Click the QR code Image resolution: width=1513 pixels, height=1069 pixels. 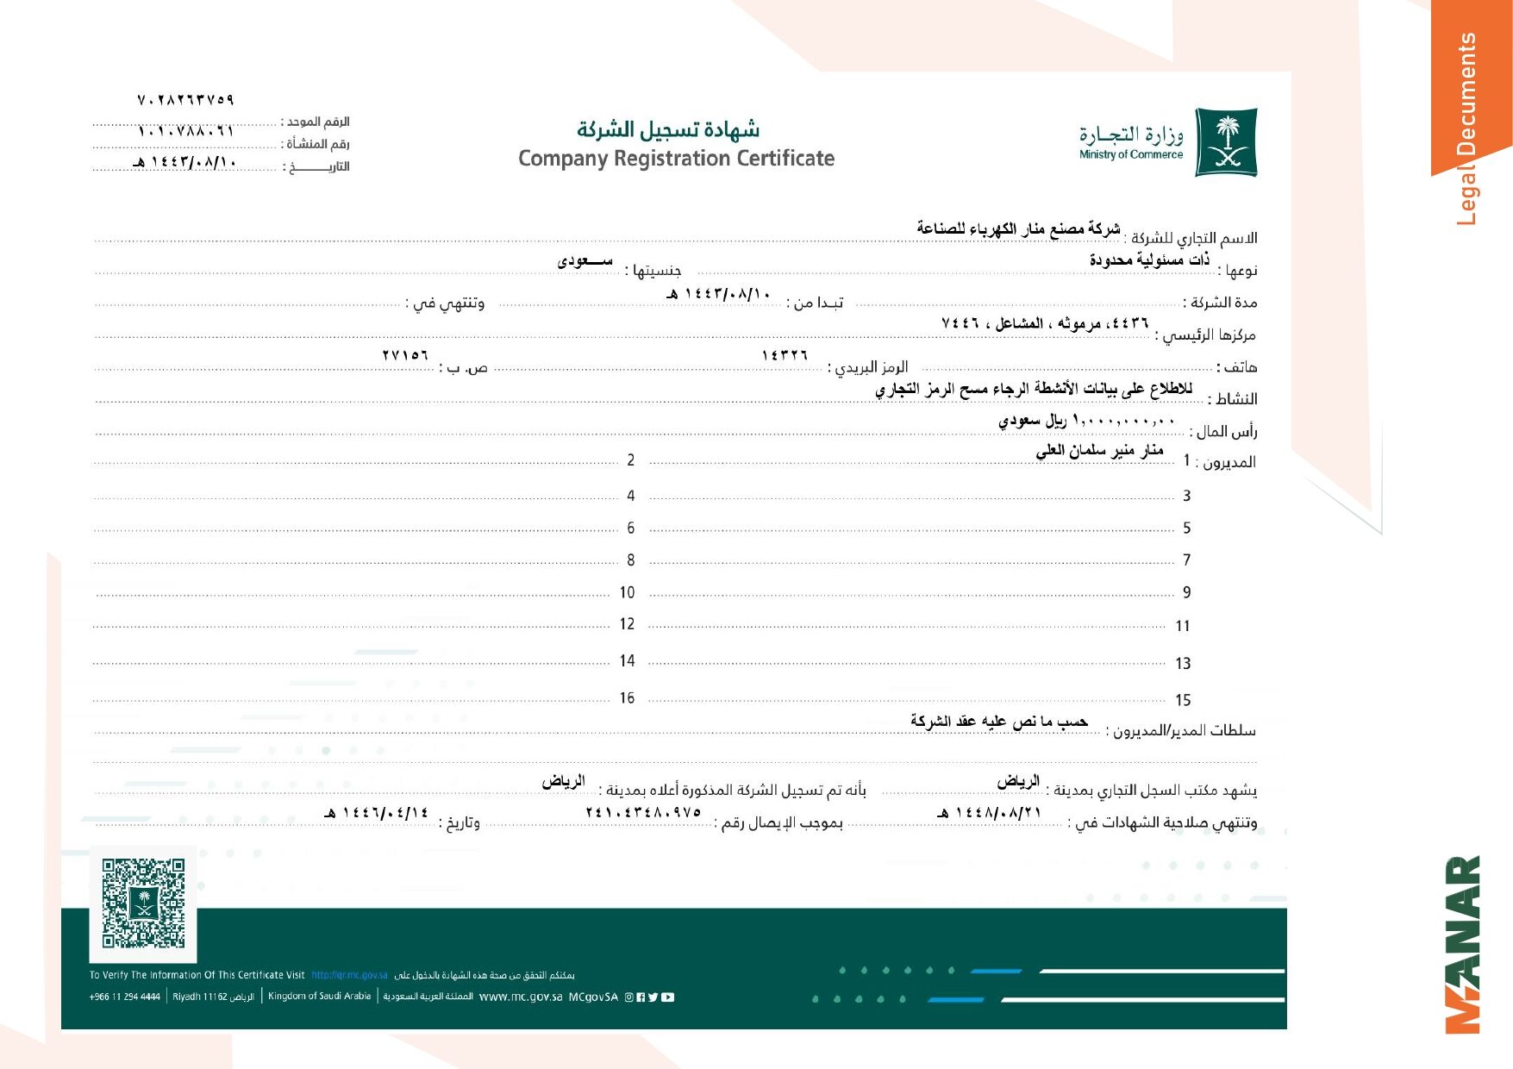coord(143,903)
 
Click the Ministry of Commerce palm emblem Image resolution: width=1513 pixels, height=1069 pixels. coord(1226,142)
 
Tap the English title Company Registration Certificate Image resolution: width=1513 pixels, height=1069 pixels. coord(676,159)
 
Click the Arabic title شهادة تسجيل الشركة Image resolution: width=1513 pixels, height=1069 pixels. coord(668,129)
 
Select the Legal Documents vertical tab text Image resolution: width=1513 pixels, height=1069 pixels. coord(1466,129)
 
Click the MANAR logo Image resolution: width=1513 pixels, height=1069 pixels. coord(1463,944)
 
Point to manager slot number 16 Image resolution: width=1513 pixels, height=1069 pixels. coord(627,697)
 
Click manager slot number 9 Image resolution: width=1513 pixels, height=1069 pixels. coord(1186,592)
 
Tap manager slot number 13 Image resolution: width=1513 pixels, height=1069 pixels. coord(1183,663)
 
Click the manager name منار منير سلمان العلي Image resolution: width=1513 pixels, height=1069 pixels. coord(1099,450)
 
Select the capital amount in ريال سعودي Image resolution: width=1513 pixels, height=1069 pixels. coord(1086,421)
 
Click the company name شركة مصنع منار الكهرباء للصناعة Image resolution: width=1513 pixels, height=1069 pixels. coord(1018,228)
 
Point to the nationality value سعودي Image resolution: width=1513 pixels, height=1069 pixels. coord(585,260)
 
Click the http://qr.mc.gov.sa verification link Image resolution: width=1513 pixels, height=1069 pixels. coord(349,975)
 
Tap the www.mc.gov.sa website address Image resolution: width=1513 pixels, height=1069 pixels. coord(520,997)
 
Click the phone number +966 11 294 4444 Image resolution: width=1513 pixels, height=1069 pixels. coord(124,997)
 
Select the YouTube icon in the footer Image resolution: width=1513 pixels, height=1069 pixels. coord(668,997)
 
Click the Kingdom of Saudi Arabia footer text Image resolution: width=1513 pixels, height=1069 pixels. coord(319,996)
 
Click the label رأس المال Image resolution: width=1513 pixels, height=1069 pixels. coord(1226,431)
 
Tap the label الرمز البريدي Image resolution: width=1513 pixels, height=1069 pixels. coord(869,367)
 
